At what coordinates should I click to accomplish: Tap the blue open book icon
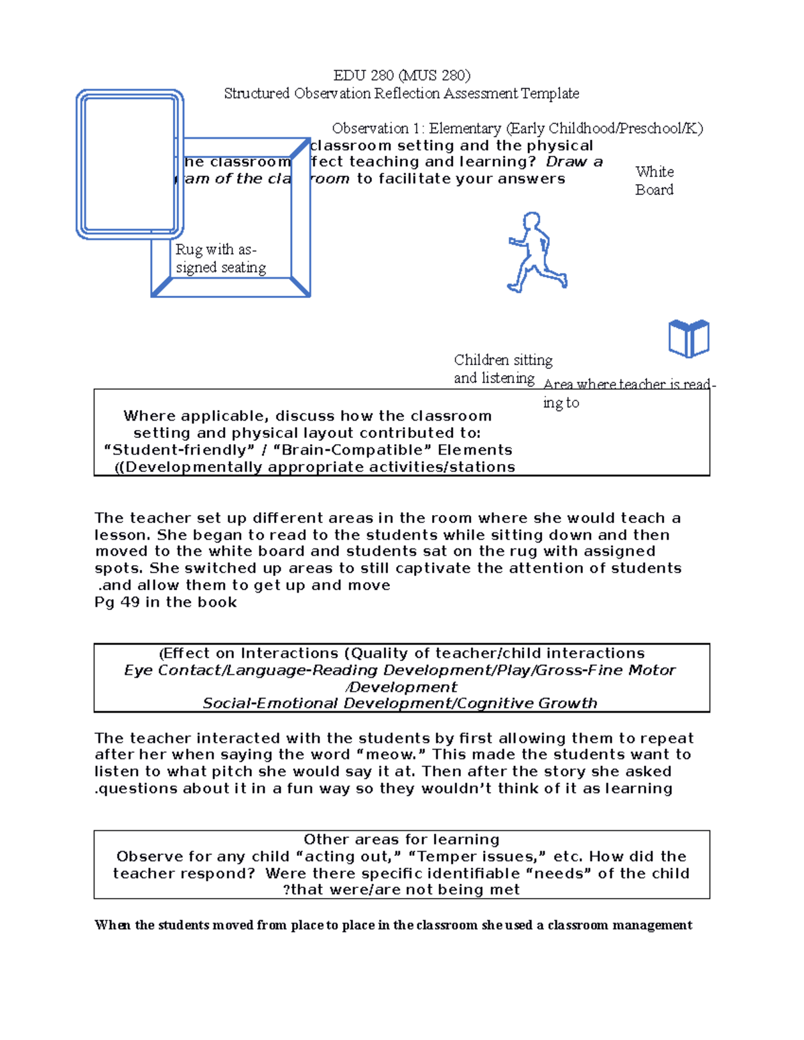pos(689,339)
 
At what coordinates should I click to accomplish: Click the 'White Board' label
pos(654,181)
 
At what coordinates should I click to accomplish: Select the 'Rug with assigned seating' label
pos(220,258)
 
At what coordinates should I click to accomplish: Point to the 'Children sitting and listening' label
pos(503,369)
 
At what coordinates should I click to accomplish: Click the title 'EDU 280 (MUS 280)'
pos(402,75)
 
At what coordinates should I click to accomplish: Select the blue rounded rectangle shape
pos(130,164)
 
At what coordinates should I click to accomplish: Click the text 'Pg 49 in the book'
pos(165,602)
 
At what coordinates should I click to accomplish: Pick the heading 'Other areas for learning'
pos(401,840)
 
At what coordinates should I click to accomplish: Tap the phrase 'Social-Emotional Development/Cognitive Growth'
pos(399,703)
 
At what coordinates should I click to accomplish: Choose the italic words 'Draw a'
pos(574,161)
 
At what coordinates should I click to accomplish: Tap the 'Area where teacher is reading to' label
pos(628,392)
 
